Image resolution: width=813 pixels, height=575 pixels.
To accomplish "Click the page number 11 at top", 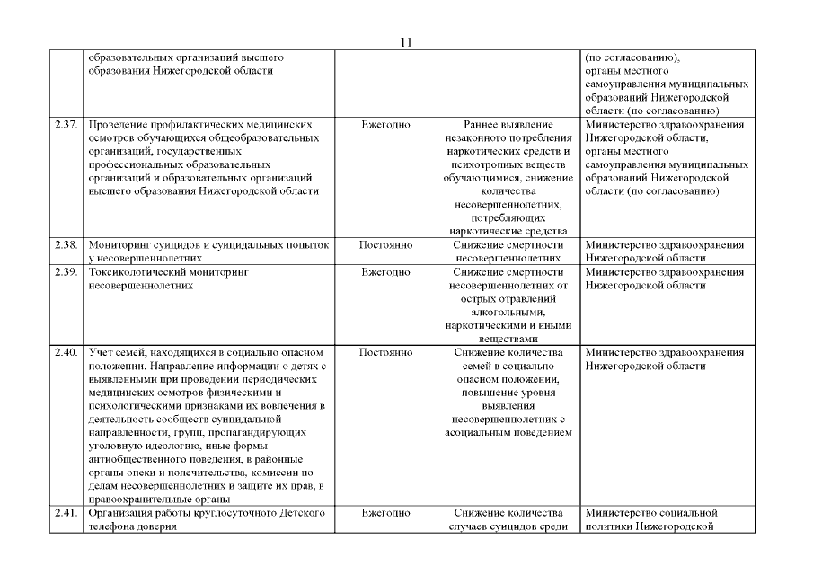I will [x=406, y=41].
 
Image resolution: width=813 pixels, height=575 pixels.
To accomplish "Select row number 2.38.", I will [x=67, y=244].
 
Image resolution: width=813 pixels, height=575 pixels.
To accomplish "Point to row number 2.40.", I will [x=67, y=353].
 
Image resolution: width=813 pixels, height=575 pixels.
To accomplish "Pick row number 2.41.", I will [x=67, y=513].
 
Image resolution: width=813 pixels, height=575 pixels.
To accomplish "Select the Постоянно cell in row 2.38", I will [x=385, y=244].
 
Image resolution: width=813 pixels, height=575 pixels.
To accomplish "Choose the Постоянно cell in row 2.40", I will [x=385, y=353].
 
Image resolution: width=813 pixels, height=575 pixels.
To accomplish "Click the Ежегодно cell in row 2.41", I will [x=385, y=513].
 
